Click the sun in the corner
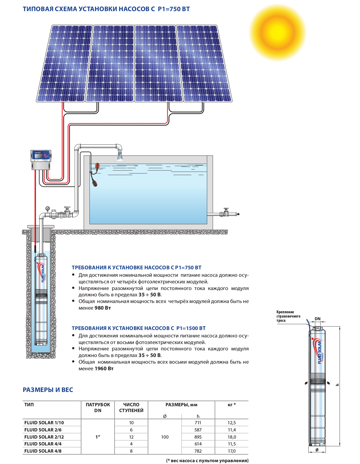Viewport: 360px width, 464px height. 277,33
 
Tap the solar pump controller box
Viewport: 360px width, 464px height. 41,160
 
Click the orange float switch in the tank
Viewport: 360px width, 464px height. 97,166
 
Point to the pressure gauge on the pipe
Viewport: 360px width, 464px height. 47,208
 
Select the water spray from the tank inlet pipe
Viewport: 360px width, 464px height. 120,155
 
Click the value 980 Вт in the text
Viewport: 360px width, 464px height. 103,308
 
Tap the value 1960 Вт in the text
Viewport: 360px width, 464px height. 104,368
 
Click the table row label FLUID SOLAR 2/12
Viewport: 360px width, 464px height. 44,437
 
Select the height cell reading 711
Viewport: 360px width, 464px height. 198,423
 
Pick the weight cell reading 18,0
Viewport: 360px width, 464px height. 232,437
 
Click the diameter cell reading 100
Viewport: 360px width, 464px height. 165,437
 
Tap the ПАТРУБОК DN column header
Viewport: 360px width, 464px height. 98,407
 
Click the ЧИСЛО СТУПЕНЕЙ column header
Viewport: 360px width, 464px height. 131,407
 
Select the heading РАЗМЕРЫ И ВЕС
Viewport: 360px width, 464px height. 48,390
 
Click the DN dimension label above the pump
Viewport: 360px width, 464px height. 317,319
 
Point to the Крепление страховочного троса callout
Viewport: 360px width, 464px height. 288,316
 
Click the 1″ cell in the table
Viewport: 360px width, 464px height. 98,437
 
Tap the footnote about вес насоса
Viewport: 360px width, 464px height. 207,460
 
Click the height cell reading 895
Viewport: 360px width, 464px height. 198,437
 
